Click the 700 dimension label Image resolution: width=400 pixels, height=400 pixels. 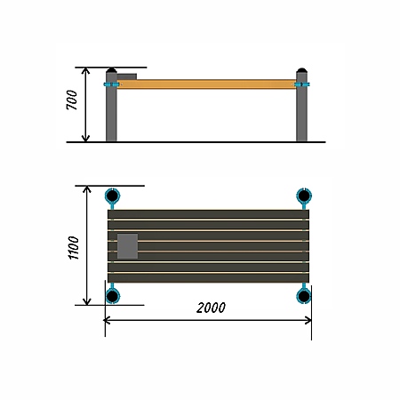tap(72, 100)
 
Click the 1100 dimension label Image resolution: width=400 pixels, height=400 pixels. tap(74, 248)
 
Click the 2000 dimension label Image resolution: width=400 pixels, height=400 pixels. tap(211, 308)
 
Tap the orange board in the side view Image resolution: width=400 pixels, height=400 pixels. tap(206, 84)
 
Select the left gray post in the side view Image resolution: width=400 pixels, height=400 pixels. tap(111, 107)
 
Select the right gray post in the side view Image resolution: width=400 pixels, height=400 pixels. tap(301, 107)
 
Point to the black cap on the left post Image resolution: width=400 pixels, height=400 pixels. tap(111, 70)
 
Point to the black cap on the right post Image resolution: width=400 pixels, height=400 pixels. tap(301, 70)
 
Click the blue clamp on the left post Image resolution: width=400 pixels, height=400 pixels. tap(112, 84)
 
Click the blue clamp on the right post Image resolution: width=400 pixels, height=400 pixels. tap(302, 84)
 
